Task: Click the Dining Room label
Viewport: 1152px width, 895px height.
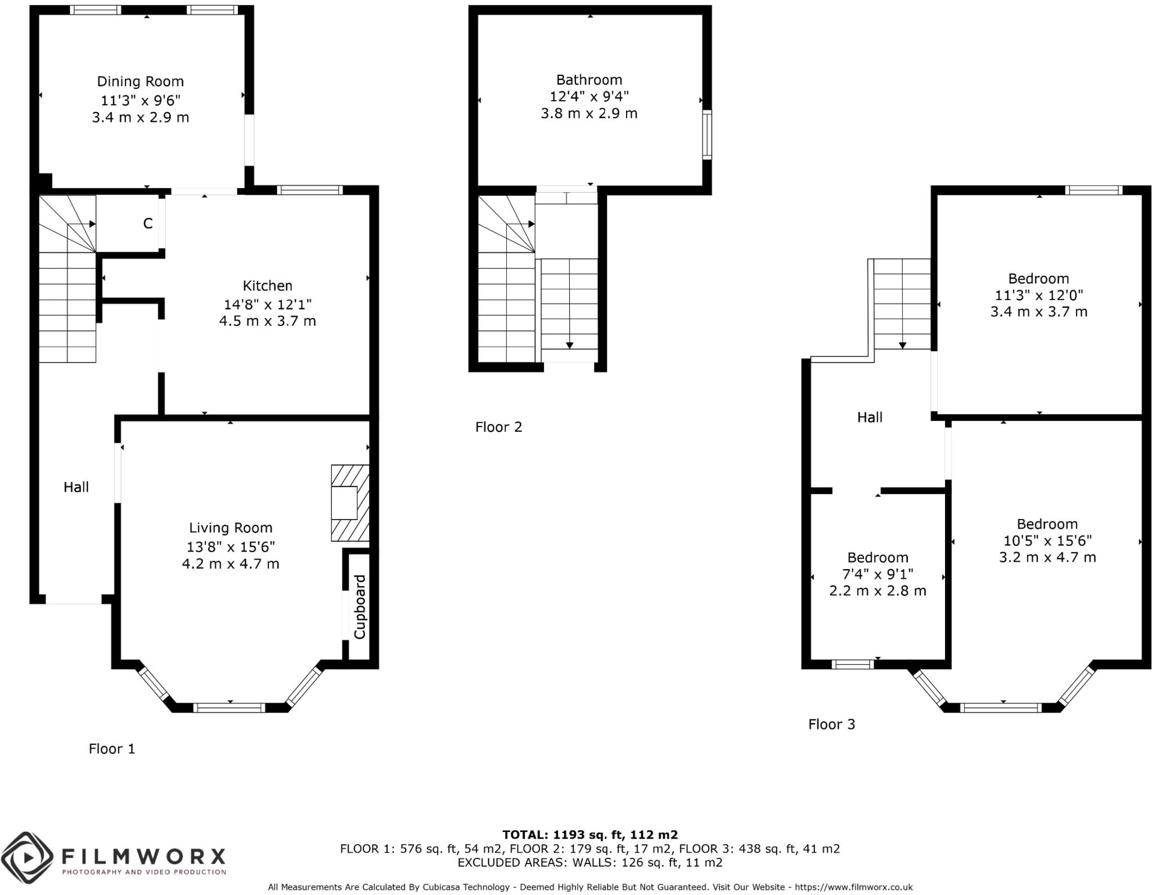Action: click(x=140, y=82)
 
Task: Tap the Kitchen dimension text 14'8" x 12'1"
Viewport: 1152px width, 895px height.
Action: click(x=267, y=305)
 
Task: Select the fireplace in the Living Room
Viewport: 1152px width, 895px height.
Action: click(x=350, y=503)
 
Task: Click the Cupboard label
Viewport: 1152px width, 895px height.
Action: click(x=360, y=607)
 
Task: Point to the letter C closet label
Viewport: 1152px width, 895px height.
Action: click(x=147, y=224)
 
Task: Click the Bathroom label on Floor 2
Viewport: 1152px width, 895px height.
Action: click(x=589, y=80)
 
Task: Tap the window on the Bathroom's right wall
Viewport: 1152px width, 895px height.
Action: click(x=707, y=135)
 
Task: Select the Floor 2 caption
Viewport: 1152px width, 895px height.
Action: click(x=498, y=427)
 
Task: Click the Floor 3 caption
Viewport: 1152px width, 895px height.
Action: click(x=831, y=724)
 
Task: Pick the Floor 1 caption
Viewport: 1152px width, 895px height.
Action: click(x=112, y=749)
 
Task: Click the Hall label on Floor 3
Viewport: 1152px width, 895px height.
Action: click(x=870, y=418)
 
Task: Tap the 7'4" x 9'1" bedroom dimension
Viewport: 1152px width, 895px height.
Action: click(x=877, y=574)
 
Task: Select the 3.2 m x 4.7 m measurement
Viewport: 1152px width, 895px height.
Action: click(x=1047, y=557)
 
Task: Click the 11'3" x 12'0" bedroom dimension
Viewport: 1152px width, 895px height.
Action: click(x=1038, y=295)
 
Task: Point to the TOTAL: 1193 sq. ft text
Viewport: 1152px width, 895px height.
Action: click(x=589, y=835)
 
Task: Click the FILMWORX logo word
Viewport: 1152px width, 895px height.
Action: click(x=143, y=857)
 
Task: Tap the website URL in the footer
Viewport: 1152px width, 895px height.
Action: click(x=853, y=887)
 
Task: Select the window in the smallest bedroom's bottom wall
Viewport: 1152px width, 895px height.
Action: click(x=852, y=664)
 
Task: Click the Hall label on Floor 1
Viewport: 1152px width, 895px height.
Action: click(x=76, y=487)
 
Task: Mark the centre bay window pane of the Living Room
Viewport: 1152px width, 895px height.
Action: click(x=229, y=708)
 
